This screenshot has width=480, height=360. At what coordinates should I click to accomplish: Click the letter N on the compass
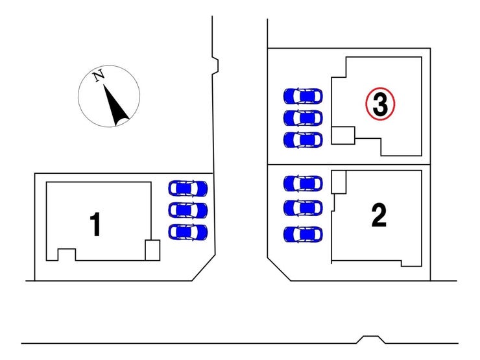(99, 75)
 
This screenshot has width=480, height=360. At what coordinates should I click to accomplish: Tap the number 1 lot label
(95, 224)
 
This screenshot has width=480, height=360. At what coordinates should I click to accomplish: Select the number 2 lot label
(379, 215)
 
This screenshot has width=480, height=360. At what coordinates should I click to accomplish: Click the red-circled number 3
(380, 104)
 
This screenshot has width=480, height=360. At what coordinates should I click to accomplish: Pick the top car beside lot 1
(188, 188)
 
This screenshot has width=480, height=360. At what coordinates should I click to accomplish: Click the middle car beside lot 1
(188, 210)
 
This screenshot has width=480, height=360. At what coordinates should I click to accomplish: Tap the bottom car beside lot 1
(188, 232)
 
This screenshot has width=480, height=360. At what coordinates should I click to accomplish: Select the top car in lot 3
(303, 96)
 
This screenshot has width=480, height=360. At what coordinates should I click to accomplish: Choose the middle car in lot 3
(303, 118)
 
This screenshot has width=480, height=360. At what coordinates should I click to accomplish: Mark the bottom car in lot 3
(303, 140)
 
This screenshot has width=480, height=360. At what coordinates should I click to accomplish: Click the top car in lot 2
(303, 184)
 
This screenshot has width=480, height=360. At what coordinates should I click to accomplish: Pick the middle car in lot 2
(303, 208)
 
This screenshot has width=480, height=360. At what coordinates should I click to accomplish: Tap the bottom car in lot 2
(303, 235)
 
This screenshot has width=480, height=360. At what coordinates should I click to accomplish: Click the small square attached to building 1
(152, 250)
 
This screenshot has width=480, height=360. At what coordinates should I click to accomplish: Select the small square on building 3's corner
(343, 136)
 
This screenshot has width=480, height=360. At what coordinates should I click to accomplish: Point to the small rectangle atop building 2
(339, 182)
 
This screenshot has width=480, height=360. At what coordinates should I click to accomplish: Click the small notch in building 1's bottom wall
(67, 254)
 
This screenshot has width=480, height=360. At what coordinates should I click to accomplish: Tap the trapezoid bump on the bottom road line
(371, 339)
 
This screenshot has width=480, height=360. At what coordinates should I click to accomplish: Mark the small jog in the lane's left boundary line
(215, 66)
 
